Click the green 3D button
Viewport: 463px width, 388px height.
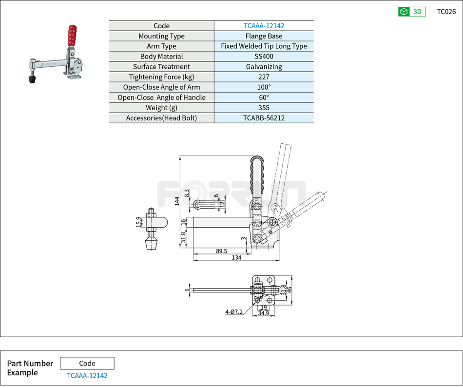[x=412, y=12]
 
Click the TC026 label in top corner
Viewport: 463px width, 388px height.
[x=446, y=12]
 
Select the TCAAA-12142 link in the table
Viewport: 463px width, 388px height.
[x=264, y=26]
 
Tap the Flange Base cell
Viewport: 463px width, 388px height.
[x=264, y=36]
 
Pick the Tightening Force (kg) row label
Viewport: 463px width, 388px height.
[x=161, y=77]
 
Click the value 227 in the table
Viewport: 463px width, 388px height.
[x=264, y=77]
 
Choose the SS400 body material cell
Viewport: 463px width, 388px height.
[x=264, y=57]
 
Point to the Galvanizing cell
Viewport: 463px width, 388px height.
[x=264, y=67]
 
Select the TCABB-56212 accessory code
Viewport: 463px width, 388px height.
[x=264, y=118]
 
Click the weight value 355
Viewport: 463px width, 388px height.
[x=264, y=108]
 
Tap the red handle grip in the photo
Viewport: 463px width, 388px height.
[x=72, y=35]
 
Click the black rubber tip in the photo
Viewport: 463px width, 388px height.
[x=33, y=78]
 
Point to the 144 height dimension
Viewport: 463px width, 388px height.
[x=177, y=201]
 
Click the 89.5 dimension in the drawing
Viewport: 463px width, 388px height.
[x=221, y=251]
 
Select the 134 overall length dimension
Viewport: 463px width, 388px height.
[x=236, y=258]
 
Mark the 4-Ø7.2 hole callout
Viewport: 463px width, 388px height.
[x=233, y=311]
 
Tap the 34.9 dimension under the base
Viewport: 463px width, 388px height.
[x=263, y=313]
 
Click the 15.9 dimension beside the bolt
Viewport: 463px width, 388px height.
[x=138, y=222]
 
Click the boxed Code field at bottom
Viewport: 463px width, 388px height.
[x=87, y=363]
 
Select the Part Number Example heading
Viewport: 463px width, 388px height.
[x=30, y=368]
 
